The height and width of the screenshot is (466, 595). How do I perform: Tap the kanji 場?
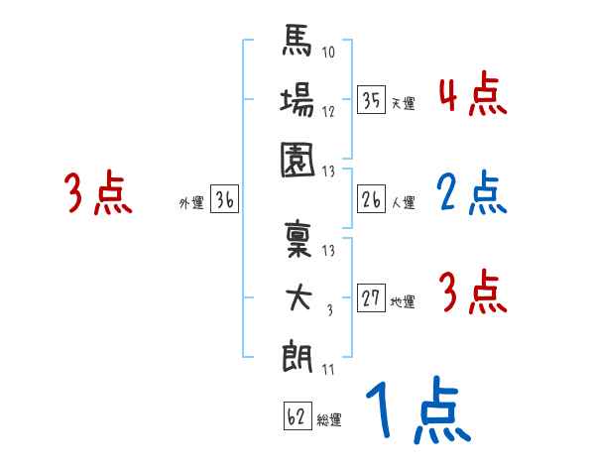coord(298,102)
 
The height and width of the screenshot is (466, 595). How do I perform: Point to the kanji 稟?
coord(298,240)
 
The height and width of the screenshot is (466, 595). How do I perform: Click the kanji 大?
coord(298,297)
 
